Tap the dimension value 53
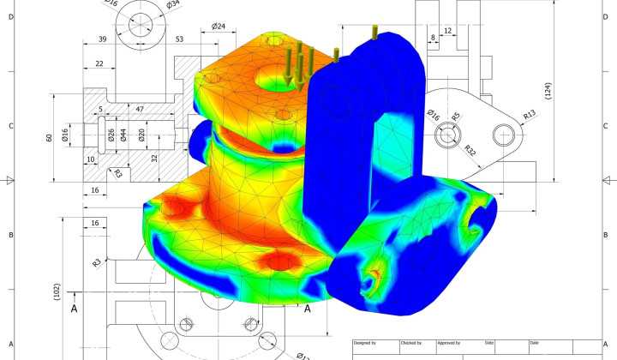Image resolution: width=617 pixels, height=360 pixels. (180, 39)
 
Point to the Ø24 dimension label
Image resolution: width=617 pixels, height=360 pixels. (219, 27)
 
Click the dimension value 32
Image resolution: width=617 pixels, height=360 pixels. (154, 158)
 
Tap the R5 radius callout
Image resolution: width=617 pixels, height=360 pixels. (456, 116)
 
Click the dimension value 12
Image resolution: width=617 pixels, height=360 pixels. (447, 31)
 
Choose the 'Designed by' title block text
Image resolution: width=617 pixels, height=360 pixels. (364, 343)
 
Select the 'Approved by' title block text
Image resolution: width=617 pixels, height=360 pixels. (454, 343)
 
